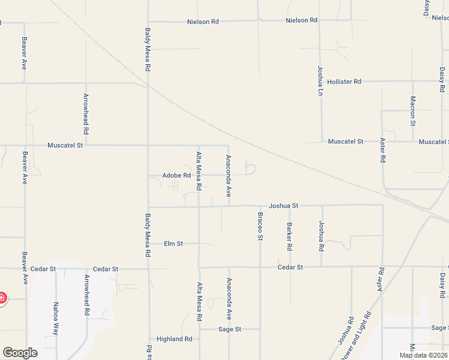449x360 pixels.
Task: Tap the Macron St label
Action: pos(413,111)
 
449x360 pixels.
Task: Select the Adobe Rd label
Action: pos(176,176)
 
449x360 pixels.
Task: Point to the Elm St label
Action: pos(173,244)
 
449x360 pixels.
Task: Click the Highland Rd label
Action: pos(174,339)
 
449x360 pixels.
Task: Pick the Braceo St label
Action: pos(261,226)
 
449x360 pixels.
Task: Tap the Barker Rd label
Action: pos(289,236)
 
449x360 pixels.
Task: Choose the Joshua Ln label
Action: pos(321,81)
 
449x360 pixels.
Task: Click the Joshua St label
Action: pos(284,206)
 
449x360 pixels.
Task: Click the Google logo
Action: pos(20,353)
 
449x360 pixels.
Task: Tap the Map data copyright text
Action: pos(423,355)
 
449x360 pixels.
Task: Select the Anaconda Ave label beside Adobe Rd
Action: pos(229,176)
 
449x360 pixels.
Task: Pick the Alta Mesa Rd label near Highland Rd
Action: pos(199,302)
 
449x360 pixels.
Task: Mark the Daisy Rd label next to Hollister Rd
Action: pos(442,80)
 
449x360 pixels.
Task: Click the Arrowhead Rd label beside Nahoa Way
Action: pos(87,296)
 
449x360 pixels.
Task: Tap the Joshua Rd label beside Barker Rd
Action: pos(322,236)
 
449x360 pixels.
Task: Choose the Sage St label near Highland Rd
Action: pos(229,329)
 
